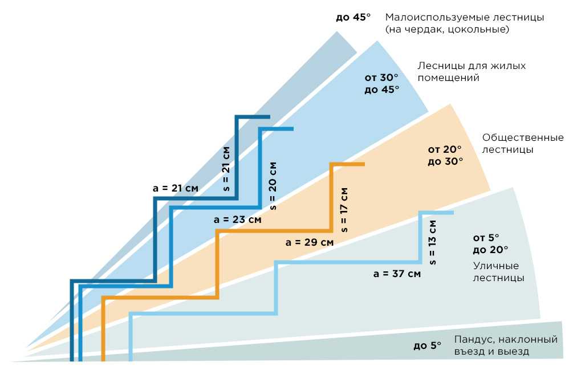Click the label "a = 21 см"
175,188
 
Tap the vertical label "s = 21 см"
226,169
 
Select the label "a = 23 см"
237,219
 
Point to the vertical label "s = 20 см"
273,186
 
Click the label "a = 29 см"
310,242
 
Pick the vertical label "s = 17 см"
344,210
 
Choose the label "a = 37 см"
397,274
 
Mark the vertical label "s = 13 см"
433,242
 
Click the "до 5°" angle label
427,345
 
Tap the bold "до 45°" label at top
353,17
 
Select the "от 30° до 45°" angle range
381,84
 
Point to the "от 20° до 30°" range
445,155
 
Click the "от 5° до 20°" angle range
490,243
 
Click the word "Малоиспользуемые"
431,17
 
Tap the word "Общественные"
523,137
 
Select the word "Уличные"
495,266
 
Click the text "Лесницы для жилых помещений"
472,72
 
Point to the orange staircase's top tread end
364,164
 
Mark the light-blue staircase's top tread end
453,213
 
